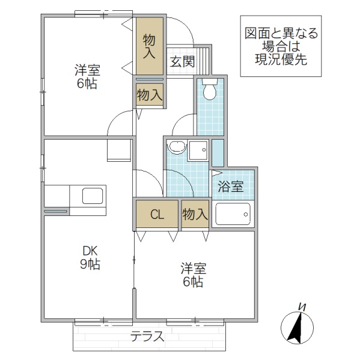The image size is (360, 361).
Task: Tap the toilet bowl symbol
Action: click(x=210, y=90)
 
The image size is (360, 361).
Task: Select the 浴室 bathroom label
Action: click(x=230, y=187)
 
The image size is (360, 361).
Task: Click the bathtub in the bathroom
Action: click(x=232, y=214)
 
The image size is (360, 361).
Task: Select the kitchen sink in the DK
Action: click(x=92, y=196)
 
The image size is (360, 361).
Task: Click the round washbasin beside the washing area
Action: click(x=177, y=147)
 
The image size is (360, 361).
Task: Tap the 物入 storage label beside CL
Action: click(x=195, y=214)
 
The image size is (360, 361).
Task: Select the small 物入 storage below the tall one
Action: click(x=150, y=94)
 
